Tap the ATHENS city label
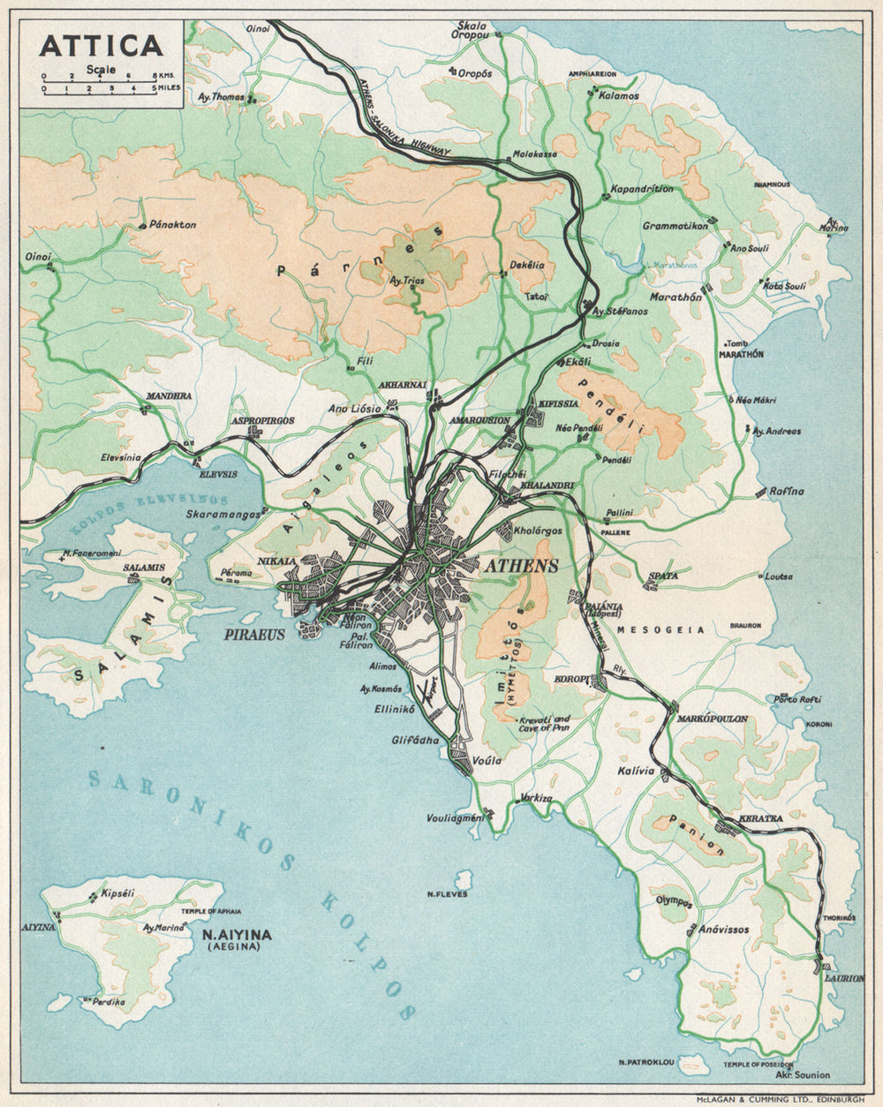pos(520,566)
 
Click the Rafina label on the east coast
pos(786,491)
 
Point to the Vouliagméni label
pos(457,817)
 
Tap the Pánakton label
pos(173,224)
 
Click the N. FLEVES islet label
pos(447,894)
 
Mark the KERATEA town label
pos(761,818)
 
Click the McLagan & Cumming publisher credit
pos(780,1099)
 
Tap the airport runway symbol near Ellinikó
pos(430,686)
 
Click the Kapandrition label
pos(642,189)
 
